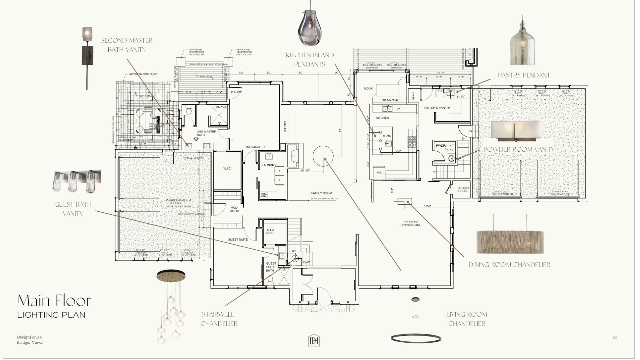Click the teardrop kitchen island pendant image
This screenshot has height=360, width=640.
310,28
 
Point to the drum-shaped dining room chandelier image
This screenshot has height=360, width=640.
510,241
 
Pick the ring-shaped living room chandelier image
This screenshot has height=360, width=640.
416,338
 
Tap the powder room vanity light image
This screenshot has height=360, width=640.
516,131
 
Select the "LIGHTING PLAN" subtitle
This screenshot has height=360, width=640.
51,315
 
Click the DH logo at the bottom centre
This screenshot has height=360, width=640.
314,340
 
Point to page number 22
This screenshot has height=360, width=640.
614,337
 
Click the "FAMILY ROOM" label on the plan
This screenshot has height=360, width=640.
321,193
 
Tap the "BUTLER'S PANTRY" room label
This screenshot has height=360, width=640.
437,108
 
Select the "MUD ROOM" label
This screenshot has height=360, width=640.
234,209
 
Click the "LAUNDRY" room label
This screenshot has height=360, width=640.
269,165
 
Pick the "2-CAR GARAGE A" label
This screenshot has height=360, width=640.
179,200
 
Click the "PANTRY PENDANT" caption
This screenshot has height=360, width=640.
524,75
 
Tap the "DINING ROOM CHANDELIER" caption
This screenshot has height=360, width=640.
509,265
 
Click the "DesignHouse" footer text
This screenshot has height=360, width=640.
29,337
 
